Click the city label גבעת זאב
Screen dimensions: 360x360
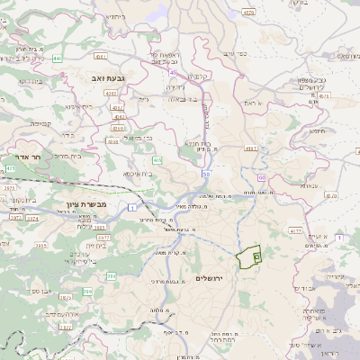(x=105, y=79)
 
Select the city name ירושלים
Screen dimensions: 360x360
(x=214, y=279)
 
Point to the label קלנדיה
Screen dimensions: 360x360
(x=199, y=76)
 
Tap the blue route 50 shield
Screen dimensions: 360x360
(x=206, y=174)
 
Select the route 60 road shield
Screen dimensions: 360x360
(x=261, y=178)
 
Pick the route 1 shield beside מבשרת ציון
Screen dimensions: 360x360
(x=131, y=208)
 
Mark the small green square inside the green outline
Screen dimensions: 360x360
(x=256, y=257)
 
